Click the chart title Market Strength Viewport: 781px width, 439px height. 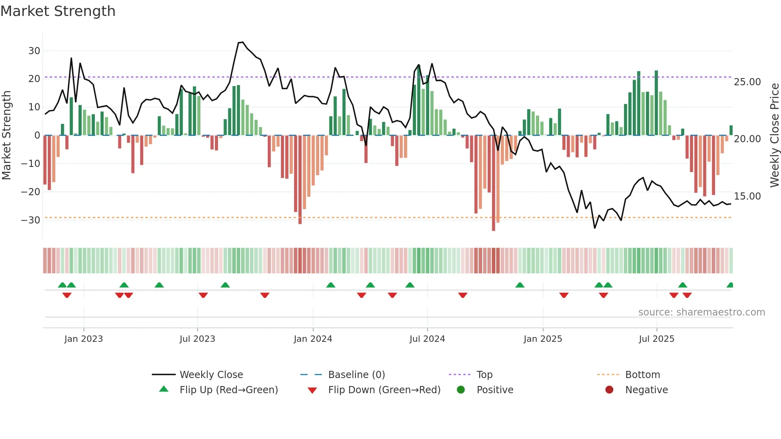click(x=58, y=11)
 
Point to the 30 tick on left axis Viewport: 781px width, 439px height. click(x=34, y=51)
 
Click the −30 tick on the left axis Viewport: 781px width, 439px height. click(x=31, y=220)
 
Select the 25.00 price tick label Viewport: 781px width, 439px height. click(x=747, y=82)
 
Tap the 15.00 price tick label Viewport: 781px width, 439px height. click(x=747, y=196)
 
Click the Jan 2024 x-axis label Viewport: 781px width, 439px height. click(x=313, y=339)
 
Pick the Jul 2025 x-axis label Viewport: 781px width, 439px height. click(x=656, y=339)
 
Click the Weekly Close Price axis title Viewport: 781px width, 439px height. click(x=774, y=135)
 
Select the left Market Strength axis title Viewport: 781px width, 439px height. click(x=7, y=135)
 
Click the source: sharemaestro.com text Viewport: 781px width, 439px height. click(x=701, y=312)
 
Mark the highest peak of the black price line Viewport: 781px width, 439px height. click(x=242, y=42)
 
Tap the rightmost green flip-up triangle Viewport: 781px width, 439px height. click(x=730, y=285)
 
